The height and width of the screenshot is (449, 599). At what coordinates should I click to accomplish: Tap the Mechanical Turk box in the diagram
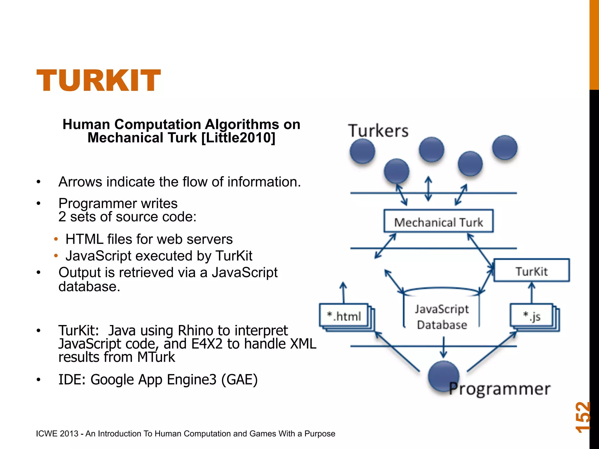[x=438, y=221]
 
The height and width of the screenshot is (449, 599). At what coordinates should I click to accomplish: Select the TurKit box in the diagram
[x=531, y=271]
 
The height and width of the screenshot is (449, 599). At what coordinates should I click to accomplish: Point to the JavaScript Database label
[x=442, y=317]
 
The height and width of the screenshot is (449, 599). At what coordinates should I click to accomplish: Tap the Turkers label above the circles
[x=378, y=131]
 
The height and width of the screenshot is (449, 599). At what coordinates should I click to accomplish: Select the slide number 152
[x=582, y=417]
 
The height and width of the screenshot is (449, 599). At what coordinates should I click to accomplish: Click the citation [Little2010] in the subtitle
[x=238, y=138]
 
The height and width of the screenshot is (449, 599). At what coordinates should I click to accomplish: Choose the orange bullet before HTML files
[x=56, y=239]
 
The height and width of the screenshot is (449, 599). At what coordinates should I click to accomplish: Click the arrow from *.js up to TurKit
[x=532, y=292]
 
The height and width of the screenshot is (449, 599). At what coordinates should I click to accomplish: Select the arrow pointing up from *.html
[x=343, y=292]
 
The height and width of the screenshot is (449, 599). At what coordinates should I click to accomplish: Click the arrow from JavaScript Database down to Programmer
[x=443, y=347]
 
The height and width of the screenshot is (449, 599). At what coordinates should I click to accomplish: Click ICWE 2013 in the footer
[x=57, y=434]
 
